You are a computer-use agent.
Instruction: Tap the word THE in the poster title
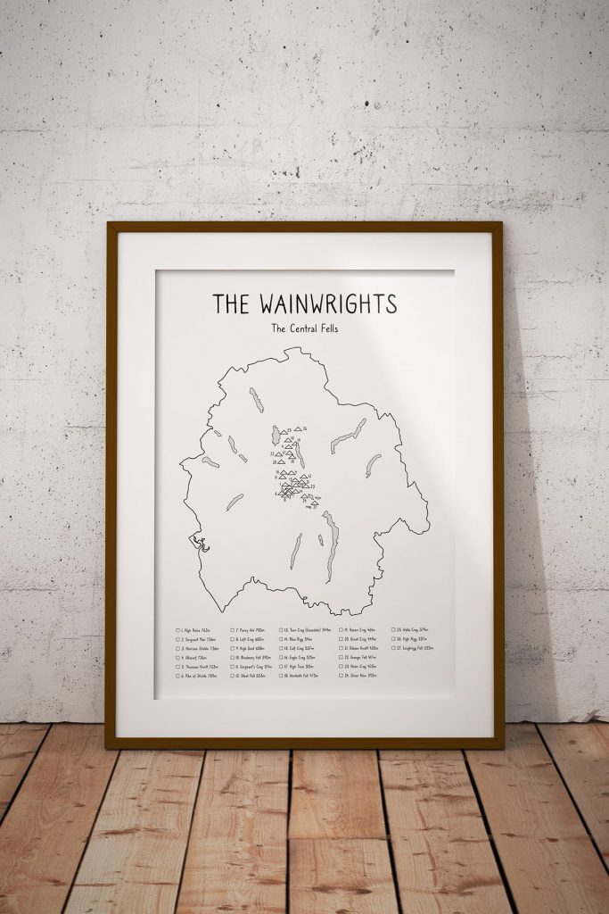(231, 303)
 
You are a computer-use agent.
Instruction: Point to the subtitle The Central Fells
(305, 328)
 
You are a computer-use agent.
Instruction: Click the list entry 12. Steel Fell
(253, 676)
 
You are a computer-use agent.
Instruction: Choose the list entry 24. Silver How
(360, 676)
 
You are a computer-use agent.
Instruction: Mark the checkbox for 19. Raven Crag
(340, 630)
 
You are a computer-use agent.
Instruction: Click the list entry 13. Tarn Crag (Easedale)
(309, 630)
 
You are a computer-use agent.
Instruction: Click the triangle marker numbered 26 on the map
(298, 428)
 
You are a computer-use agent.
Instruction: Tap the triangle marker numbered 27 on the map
(311, 503)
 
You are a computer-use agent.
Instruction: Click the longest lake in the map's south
(332, 544)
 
